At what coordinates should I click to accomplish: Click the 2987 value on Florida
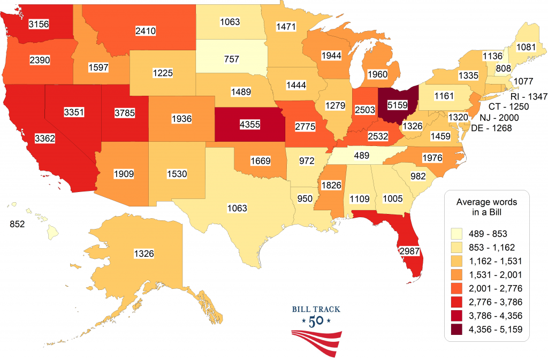point(409,250)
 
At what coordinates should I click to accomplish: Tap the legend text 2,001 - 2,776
point(494,288)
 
